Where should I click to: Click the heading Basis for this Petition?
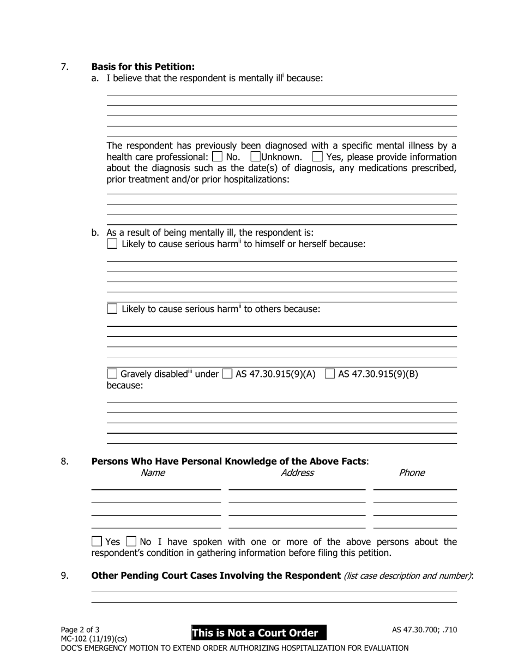143,67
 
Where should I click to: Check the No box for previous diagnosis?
217,157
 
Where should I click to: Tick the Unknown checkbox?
255,157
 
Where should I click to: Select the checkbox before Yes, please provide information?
317,157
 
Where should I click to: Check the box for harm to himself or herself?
112,244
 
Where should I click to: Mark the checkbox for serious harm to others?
112,309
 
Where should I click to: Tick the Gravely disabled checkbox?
112,374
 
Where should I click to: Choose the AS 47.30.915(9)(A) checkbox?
227,374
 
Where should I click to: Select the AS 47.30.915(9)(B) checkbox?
330,374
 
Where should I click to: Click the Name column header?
153,473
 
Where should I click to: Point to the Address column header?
297,473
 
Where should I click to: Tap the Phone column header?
412,473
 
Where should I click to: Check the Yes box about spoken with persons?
97,542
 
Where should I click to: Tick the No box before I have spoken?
131,542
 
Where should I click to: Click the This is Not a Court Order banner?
258,633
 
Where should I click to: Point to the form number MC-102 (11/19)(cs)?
94,638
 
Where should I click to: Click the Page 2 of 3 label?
80,630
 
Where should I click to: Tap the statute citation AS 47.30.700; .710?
424,630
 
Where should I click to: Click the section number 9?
65,576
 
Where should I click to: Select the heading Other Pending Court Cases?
216,576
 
